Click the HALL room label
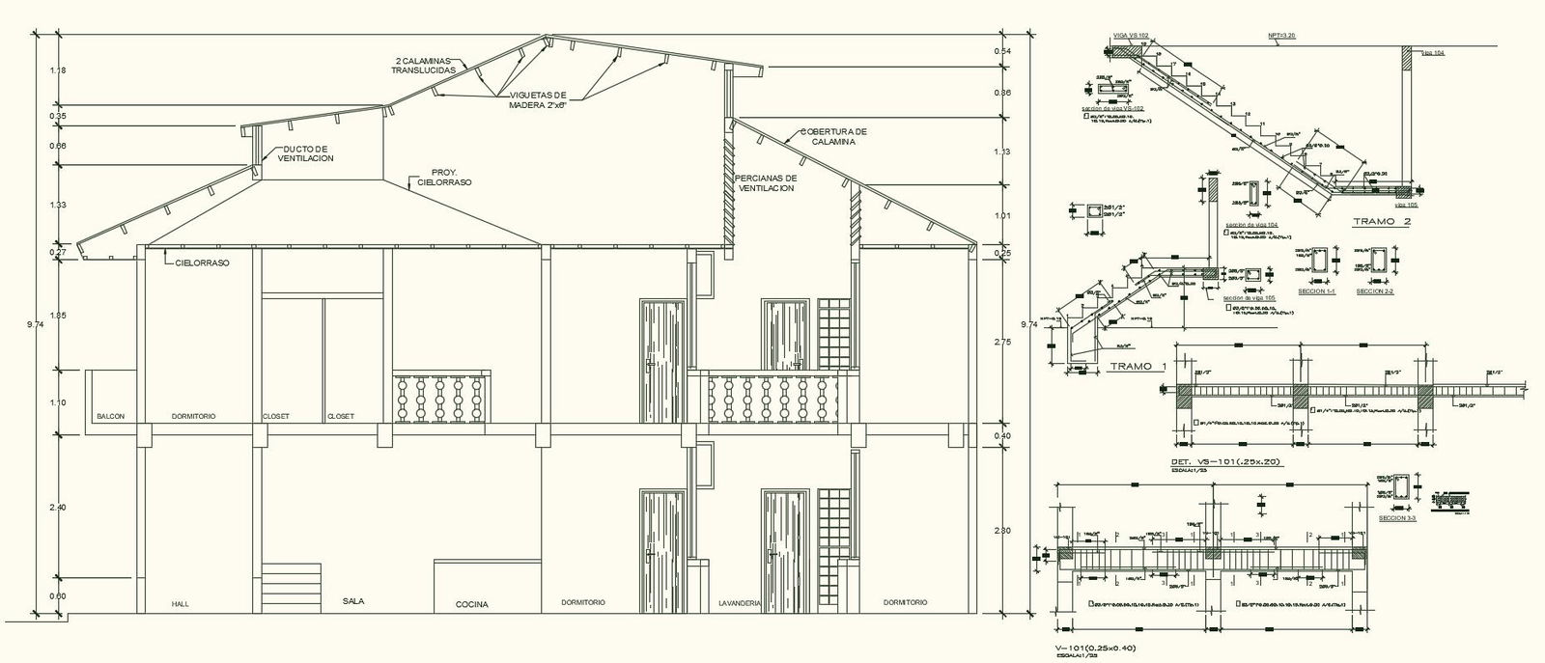[x=181, y=603]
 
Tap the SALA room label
[x=353, y=600]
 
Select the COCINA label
[x=471, y=604]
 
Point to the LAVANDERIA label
[x=741, y=602]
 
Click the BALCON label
[x=109, y=417]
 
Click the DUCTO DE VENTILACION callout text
[x=305, y=153]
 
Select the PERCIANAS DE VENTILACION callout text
[x=765, y=183]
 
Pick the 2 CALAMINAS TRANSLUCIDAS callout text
[x=425, y=66]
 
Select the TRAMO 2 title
[x=1382, y=222]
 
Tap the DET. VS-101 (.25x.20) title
[x=1225, y=462]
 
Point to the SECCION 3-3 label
[x=1396, y=518]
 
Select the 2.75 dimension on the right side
[x=1000, y=343]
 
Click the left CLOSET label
[x=275, y=417]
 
